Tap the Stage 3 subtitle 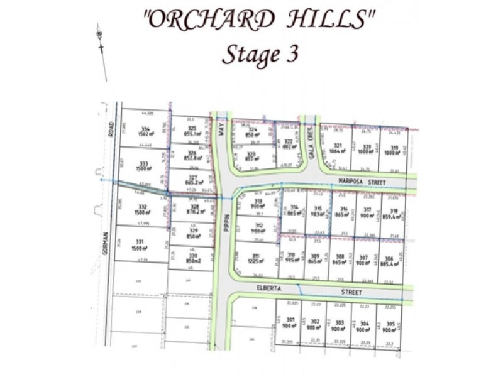coord(259,55)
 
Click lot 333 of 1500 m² coord(145,166)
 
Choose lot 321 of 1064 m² coord(334,148)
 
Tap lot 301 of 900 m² coord(288,324)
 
